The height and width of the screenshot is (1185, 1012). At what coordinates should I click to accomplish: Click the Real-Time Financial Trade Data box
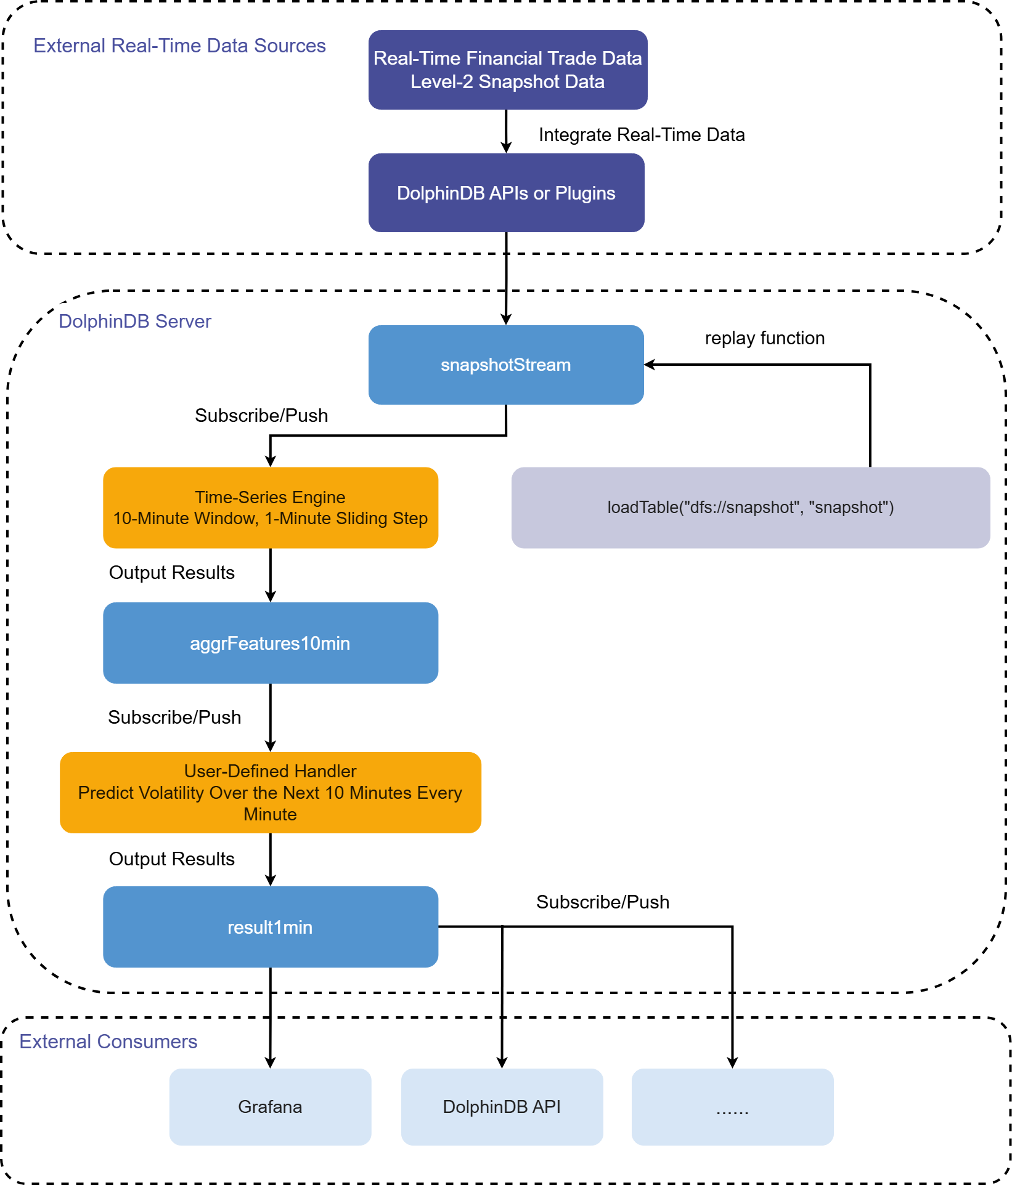(x=508, y=70)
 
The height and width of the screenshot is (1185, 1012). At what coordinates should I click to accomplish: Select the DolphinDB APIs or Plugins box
(x=507, y=193)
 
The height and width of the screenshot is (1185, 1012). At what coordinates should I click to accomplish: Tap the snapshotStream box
(x=506, y=365)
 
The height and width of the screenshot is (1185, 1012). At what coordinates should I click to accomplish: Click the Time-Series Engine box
(x=271, y=508)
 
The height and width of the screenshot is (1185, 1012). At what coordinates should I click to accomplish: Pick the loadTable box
(x=751, y=508)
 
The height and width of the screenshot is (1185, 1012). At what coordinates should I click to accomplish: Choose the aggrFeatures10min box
(x=271, y=643)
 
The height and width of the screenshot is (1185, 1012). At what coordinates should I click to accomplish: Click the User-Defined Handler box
(x=271, y=793)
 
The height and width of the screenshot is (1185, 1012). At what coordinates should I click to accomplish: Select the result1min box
(x=271, y=927)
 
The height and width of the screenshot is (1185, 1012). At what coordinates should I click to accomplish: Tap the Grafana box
(x=271, y=1107)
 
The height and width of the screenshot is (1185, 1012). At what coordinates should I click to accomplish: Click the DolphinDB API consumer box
(x=502, y=1107)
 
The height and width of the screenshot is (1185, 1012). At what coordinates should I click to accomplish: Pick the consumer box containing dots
(x=733, y=1107)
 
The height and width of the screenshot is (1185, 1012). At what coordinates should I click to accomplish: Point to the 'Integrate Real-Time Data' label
(x=642, y=135)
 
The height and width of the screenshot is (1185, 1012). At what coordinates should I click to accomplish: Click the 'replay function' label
(x=765, y=338)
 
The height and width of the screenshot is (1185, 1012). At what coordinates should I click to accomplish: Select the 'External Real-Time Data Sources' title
(x=179, y=46)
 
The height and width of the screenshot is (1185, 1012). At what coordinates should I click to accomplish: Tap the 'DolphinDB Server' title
(x=135, y=321)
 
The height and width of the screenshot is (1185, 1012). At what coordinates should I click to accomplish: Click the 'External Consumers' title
(x=108, y=1041)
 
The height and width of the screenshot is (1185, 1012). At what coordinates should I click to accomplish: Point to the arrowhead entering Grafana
(x=271, y=1063)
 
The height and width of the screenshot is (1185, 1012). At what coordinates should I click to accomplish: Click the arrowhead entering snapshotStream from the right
(x=650, y=365)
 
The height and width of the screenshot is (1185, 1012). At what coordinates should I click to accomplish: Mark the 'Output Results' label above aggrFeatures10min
(x=172, y=573)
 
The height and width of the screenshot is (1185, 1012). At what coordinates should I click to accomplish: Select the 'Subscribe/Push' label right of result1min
(x=603, y=902)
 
